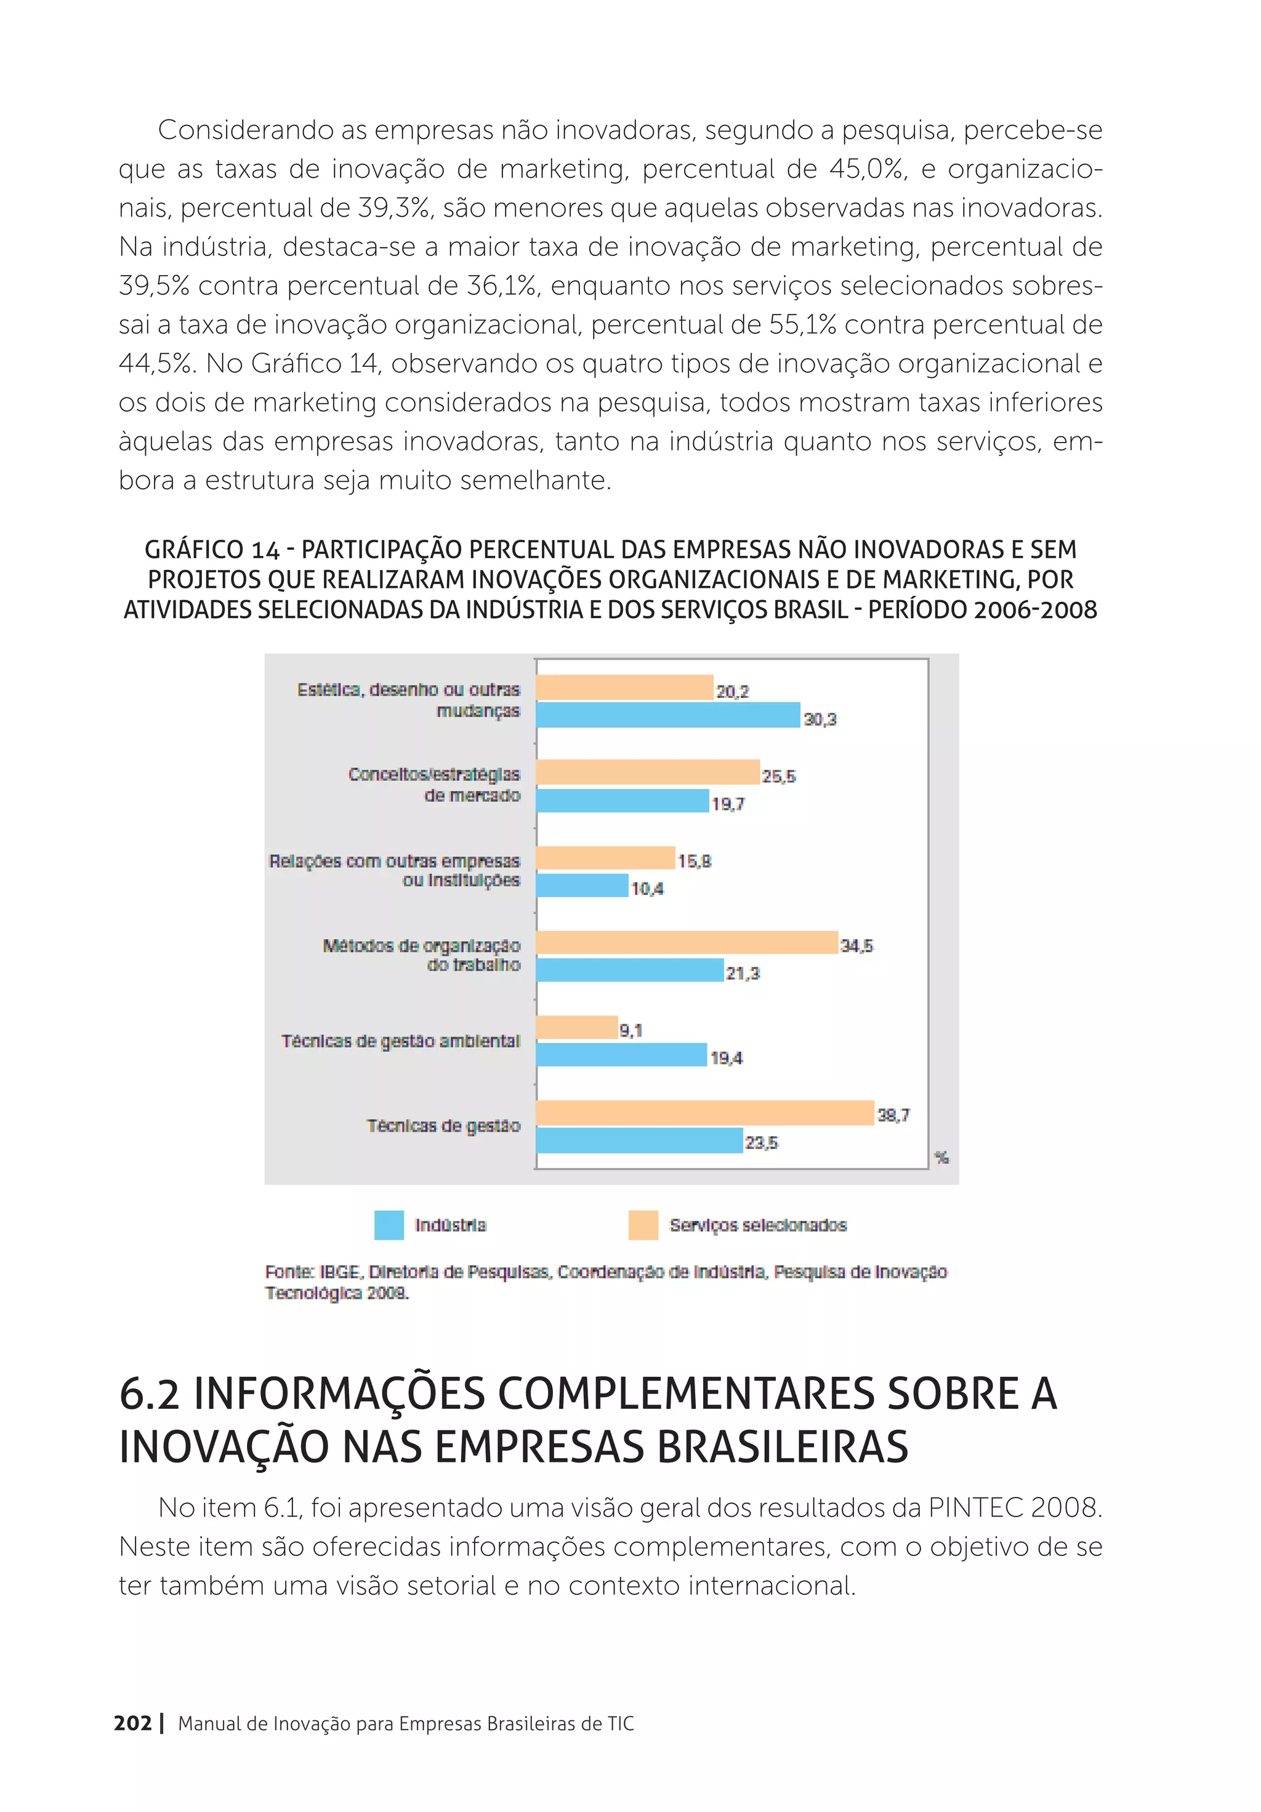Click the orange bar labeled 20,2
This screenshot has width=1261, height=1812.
point(624,688)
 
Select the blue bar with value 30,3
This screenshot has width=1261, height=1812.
point(668,715)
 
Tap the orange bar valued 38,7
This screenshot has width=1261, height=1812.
point(705,1113)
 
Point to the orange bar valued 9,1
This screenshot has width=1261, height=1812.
point(576,1027)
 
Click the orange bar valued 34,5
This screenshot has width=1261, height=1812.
point(687,942)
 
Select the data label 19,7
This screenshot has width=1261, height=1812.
point(727,804)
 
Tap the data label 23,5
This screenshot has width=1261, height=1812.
point(761,1143)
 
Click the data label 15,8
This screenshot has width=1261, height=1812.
point(694,861)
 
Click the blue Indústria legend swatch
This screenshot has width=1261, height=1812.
point(389,1225)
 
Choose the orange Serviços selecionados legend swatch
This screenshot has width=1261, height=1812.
point(643,1225)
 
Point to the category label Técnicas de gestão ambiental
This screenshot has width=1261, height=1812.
point(400,1041)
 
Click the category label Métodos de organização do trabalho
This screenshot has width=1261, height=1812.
point(422,955)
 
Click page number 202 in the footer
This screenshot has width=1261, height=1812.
point(132,1723)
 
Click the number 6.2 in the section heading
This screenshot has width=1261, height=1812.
point(149,1393)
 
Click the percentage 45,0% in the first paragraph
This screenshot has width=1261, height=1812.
point(866,169)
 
